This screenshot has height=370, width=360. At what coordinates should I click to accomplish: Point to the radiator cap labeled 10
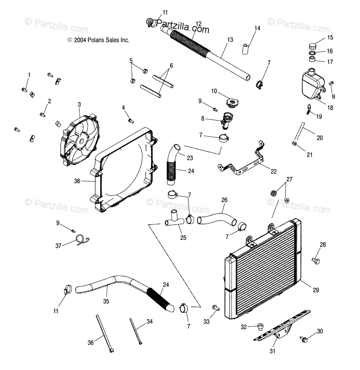(x=231, y=103)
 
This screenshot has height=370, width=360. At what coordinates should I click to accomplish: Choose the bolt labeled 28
(x=316, y=261)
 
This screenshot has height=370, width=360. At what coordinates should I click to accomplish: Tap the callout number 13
(x=230, y=40)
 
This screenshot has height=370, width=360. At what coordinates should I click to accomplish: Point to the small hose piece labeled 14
(x=245, y=49)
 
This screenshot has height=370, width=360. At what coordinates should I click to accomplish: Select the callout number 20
(x=319, y=138)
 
